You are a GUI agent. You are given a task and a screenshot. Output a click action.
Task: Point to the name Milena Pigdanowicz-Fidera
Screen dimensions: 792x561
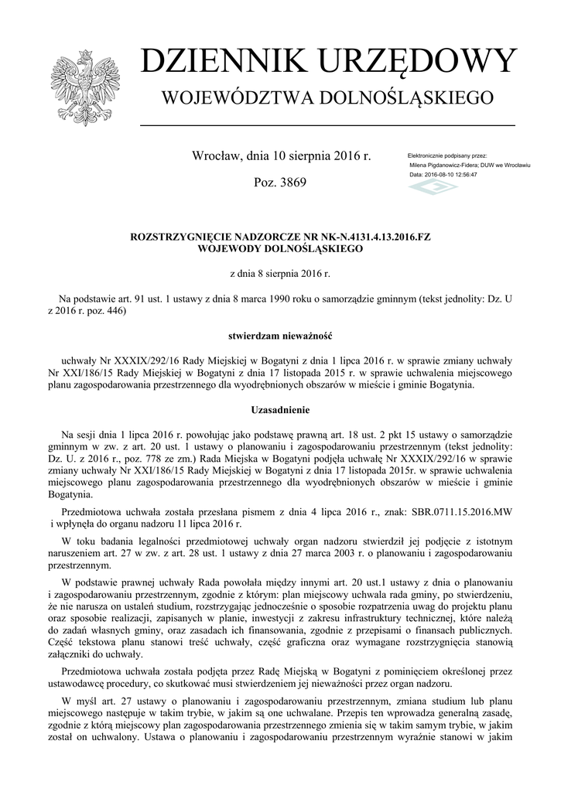443,166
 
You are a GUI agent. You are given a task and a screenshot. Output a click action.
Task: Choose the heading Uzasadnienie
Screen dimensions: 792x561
280,408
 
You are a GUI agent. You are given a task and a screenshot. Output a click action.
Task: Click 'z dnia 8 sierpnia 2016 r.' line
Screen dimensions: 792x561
280,274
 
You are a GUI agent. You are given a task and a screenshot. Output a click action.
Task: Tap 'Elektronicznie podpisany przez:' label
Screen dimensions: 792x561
452,156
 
